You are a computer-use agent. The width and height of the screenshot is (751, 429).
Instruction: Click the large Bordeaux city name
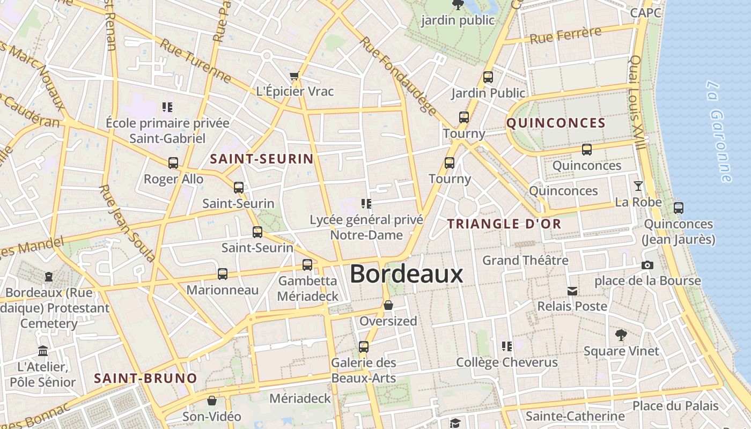(x=406, y=274)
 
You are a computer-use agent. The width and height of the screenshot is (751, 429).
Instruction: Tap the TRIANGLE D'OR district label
(x=504, y=224)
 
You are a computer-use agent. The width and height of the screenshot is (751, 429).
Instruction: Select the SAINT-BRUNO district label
(x=145, y=378)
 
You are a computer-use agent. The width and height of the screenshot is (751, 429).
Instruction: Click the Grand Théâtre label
(x=525, y=261)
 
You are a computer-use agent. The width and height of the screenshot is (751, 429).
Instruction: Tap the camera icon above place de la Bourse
(x=647, y=265)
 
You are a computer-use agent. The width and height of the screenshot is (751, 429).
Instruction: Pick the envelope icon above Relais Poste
(x=572, y=291)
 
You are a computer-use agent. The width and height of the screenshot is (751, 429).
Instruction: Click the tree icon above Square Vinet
(x=621, y=335)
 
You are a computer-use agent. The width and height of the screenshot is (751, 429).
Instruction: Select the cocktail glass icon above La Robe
(x=638, y=186)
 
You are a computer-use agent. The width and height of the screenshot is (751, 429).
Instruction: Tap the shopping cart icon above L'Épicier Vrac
(x=294, y=76)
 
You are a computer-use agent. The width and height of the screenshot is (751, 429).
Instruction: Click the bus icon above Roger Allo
(x=173, y=162)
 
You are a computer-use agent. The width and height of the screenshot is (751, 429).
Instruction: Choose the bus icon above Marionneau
(x=223, y=274)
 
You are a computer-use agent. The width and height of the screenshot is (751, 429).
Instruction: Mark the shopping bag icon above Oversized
(x=388, y=305)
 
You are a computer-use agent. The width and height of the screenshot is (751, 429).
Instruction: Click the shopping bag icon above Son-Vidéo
(x=212, y=401)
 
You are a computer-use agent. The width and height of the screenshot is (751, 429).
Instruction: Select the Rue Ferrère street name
(x=565, y=35)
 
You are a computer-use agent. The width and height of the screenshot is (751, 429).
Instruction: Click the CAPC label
(x=646, y=12)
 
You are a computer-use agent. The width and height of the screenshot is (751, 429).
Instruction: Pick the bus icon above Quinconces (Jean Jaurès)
(x=679, y=208)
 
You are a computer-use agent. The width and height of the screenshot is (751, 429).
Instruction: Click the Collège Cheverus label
(x=507, y=363)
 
